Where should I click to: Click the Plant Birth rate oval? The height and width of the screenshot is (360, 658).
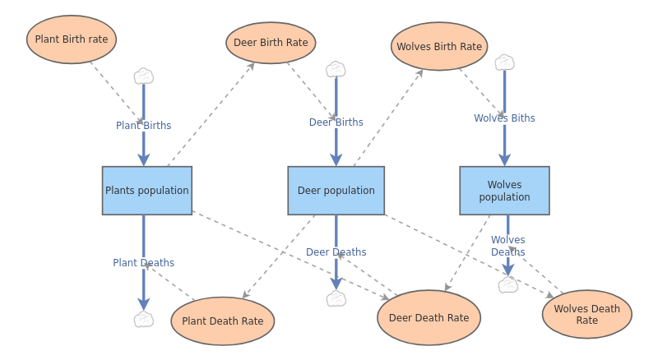pos(72,39)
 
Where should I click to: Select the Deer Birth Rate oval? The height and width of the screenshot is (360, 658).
pos(271,43)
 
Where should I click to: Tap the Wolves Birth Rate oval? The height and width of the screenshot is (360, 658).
pos(439,47)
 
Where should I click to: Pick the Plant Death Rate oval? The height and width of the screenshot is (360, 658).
pos(222,321)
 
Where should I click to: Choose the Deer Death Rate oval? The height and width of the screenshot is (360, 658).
pos(429,318)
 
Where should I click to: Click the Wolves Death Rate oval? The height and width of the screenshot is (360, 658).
pos(586,314)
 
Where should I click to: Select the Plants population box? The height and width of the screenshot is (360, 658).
pos(147,191)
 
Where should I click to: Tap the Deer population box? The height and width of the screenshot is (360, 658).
pos(336,191)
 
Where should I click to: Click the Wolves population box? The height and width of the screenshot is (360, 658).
pos(504,191)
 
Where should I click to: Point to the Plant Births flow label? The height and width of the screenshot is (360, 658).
pos(143,126)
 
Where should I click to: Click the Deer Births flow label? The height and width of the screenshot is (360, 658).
pos(336,122)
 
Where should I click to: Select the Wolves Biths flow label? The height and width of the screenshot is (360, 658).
pos(504,118)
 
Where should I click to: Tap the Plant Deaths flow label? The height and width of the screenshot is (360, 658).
pos(143,263)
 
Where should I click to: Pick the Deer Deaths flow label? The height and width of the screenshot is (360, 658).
pos(336,252)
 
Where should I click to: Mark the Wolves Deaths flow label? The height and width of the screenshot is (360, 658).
pos(507,246)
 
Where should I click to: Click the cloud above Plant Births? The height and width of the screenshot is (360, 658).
pos(144,76)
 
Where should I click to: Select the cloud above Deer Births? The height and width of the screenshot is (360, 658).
pos(336,69)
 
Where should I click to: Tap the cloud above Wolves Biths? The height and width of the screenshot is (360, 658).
pos(504,62)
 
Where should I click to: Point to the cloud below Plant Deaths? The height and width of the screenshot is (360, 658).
pos(144,320)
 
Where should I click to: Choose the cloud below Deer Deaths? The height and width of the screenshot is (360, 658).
pos(336,299)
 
